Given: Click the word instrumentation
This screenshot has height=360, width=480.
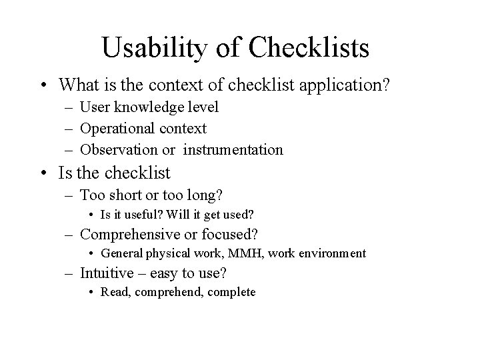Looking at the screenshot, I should point(233,149).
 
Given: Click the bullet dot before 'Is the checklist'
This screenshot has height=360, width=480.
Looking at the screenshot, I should point(45,173).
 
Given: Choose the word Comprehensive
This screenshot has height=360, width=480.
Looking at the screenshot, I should point(134,234).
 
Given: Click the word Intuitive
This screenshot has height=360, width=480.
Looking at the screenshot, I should point(105,273).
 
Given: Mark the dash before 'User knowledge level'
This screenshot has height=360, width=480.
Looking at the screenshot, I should point(71,107).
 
